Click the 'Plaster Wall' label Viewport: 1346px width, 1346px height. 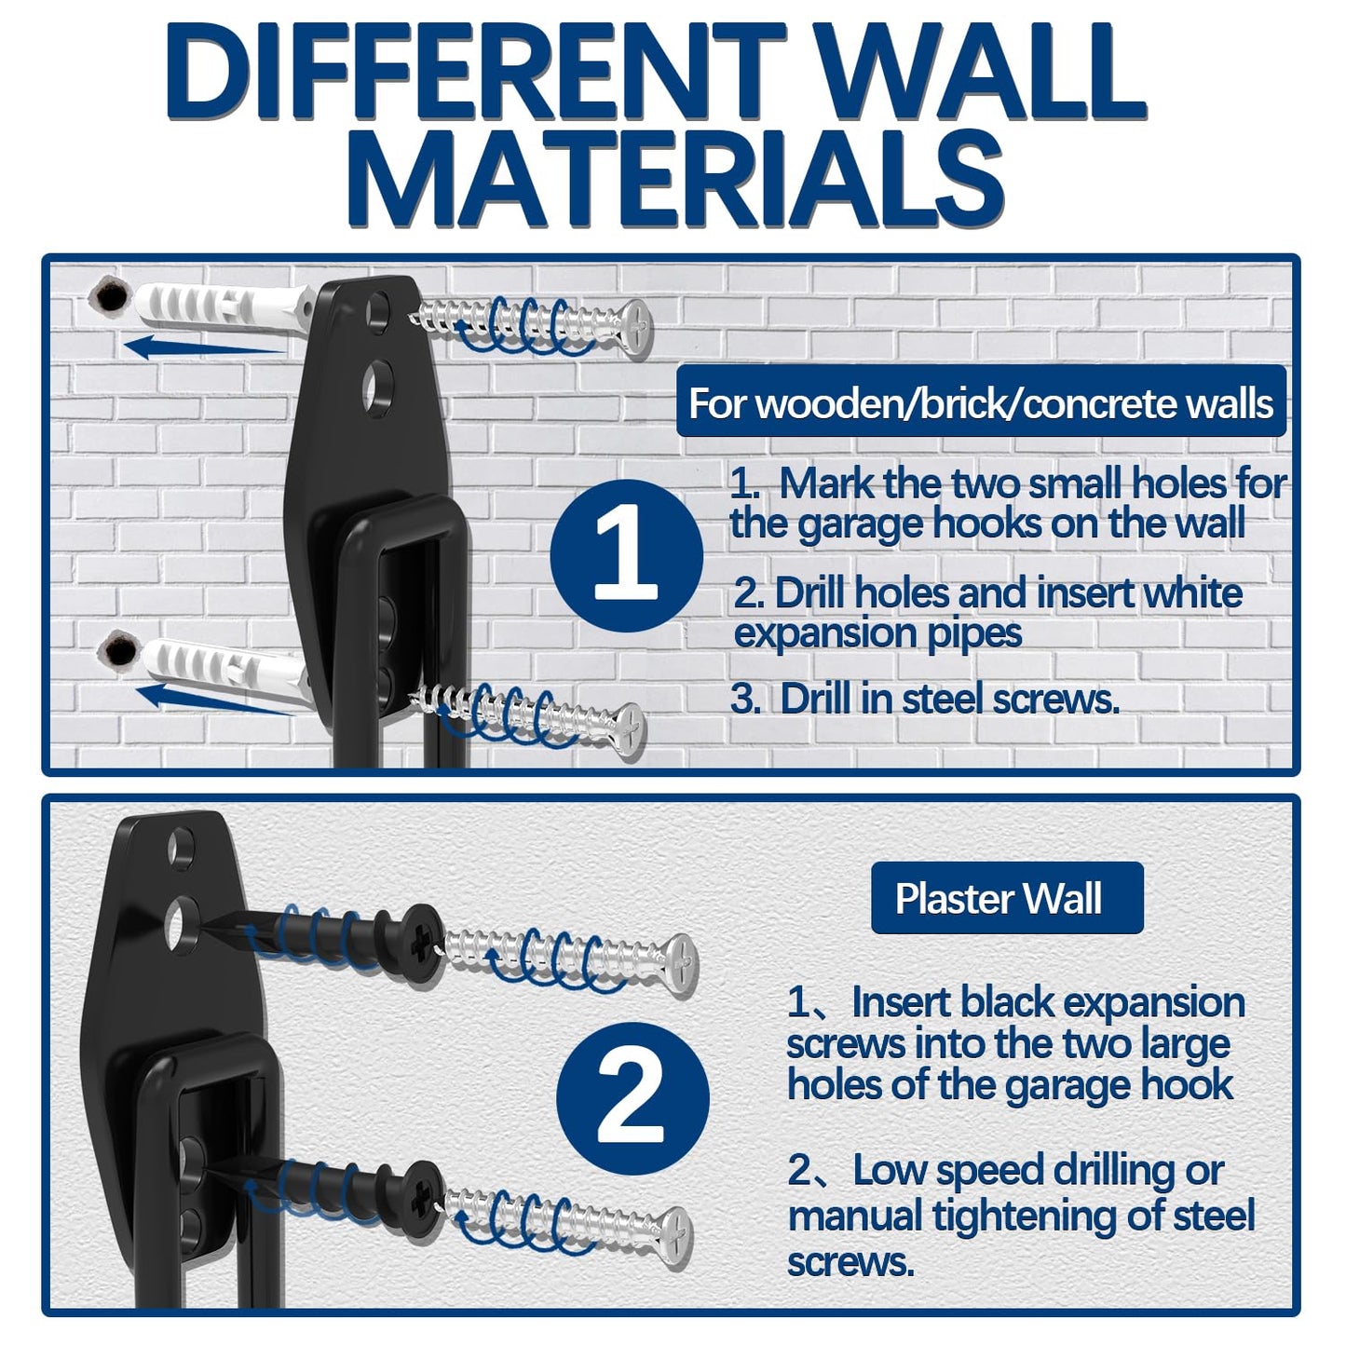[1006, 898]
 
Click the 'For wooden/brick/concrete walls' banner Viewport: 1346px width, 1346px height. [980, 403]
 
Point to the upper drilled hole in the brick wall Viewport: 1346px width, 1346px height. [111, 296]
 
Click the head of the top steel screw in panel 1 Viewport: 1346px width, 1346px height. [637, 328]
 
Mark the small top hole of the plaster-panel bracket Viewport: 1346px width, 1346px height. [179, 846]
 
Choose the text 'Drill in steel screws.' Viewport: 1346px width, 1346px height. [948, 699]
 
